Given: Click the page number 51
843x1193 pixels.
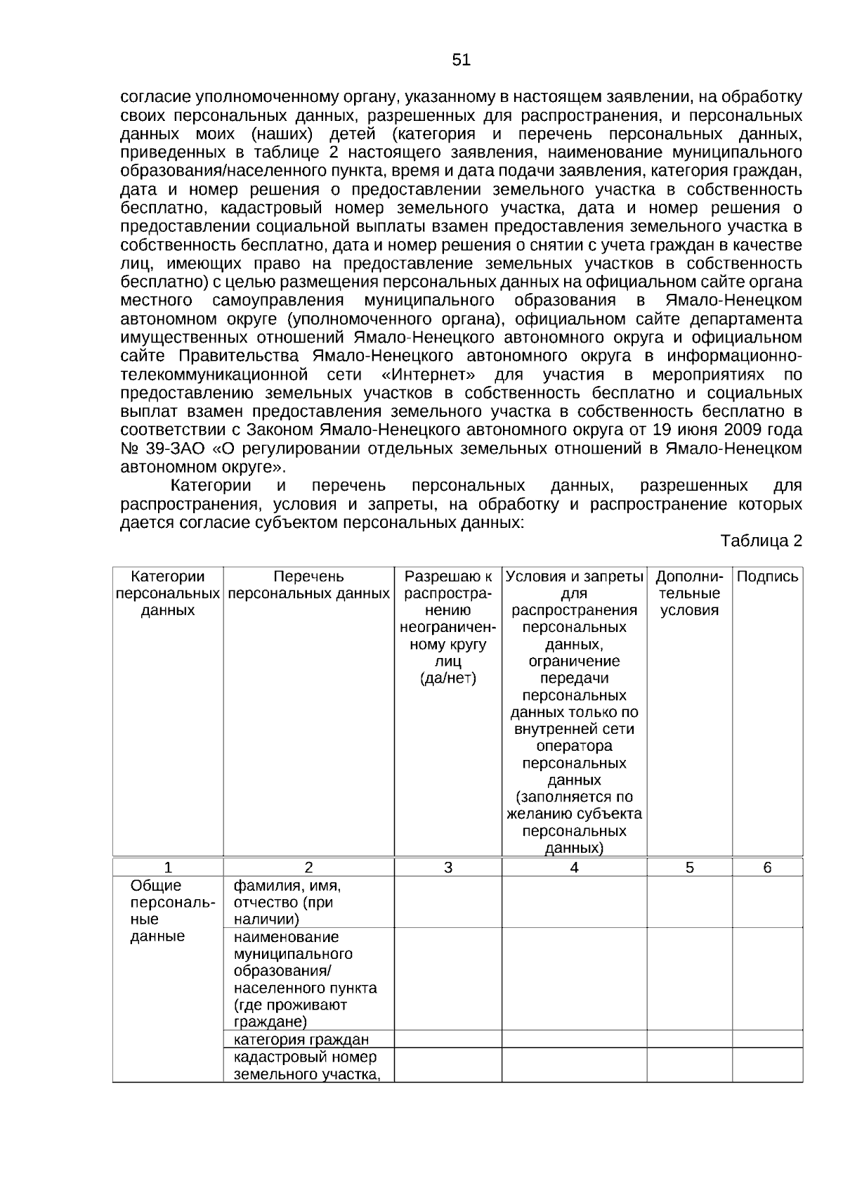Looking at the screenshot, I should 461,60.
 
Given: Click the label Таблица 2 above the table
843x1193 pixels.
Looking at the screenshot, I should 761,541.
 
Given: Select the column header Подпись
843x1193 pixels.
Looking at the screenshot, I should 767,577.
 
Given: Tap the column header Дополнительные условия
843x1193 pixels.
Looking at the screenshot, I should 689,593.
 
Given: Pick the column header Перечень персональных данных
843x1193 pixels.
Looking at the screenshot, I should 308,585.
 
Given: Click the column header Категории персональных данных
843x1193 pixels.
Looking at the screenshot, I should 168,593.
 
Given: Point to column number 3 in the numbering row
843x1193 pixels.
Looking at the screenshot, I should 448,868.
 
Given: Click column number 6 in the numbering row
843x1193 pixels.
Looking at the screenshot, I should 767,868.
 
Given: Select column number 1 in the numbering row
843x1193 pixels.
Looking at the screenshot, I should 168,868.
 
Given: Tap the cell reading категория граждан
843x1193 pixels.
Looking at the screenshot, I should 301,1040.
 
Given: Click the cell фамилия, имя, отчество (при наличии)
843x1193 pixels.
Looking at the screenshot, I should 287,903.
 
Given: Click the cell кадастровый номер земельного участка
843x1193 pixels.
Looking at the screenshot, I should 306,1066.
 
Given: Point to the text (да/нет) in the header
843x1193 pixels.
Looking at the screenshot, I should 448,678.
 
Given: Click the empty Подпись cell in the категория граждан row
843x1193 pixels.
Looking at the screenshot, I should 767,1039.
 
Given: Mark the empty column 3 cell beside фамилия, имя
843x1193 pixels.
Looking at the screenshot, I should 448,902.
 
